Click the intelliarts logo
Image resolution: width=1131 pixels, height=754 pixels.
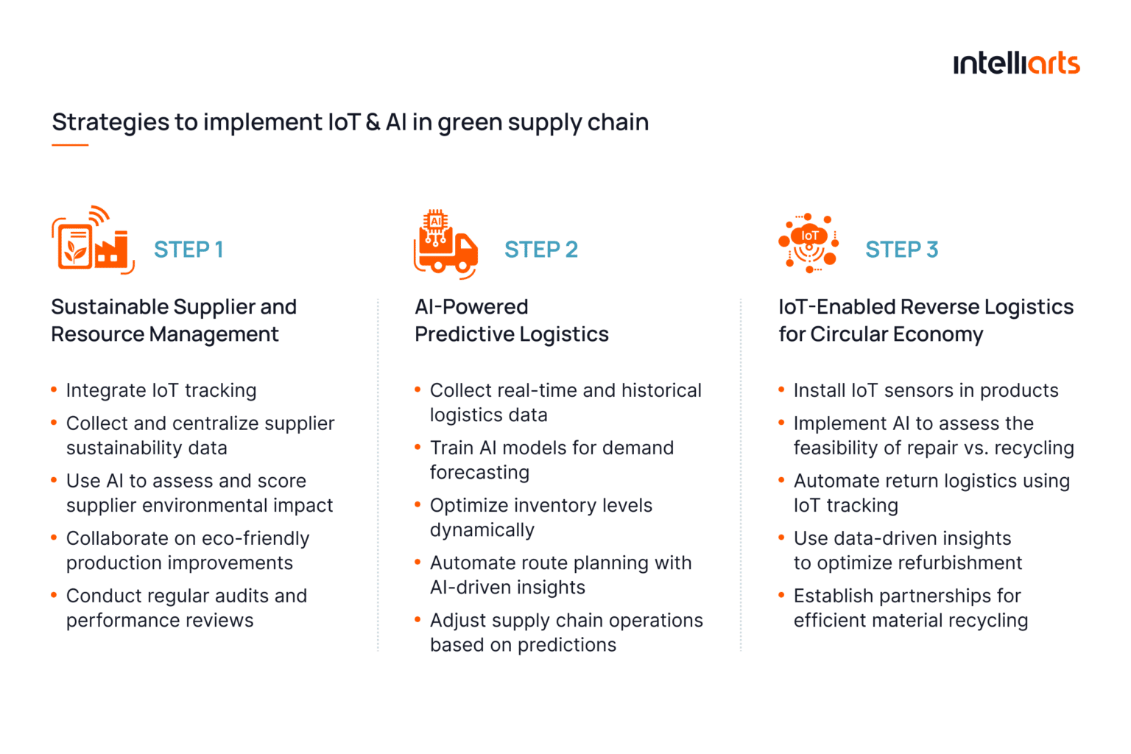point(1016,64)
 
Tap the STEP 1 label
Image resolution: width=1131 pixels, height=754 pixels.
point(188,250)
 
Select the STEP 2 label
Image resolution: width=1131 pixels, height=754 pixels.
point(541,250)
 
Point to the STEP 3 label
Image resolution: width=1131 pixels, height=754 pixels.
point(901,250)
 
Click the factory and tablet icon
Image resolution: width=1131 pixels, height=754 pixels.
point(93,241)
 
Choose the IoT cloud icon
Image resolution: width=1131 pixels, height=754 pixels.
point(808,243)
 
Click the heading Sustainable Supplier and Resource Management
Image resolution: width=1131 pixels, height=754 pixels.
point(174,320)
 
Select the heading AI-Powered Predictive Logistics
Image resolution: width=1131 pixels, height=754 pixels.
point(511,320)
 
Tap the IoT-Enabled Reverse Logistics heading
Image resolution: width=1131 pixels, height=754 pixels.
point(926,320)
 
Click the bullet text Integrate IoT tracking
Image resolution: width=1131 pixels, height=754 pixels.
point(161,390)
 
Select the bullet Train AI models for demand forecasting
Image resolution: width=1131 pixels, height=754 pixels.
point(552,459)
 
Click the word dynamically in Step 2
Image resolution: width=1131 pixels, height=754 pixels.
point(482,530)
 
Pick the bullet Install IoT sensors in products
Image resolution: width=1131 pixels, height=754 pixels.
point(926,390)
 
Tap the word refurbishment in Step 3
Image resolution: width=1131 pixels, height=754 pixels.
point(956,563)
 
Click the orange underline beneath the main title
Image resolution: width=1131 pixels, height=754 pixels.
point(70,145)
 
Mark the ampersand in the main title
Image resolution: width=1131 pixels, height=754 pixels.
point(373,122)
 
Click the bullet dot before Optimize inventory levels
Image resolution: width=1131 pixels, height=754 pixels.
point(417,504)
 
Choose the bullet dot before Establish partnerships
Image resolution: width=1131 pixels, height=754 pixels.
point(781,595)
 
